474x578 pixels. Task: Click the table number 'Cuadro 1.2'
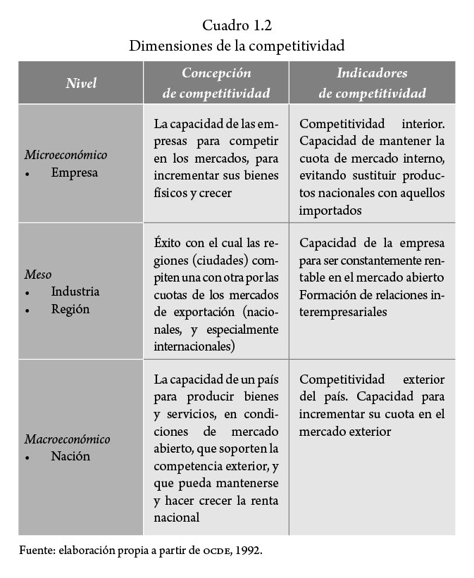tap(237, 26)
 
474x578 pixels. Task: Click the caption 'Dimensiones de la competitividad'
tap(237, 46)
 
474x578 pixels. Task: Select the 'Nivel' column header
tap(81, 83)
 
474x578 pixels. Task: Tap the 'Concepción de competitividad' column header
tap(216, 83)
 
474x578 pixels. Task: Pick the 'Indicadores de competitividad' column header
tap(372, 83)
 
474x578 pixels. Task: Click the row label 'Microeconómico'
tap(66, 155)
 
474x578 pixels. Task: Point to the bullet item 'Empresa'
tap(74, 172)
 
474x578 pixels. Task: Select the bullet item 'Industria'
tap(75, 291)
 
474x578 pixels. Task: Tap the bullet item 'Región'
tap(70, 309)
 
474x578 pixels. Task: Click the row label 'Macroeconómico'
tap(68, 439)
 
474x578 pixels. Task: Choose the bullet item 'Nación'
tap(70, 456)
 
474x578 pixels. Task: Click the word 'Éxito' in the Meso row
tap(168, 243)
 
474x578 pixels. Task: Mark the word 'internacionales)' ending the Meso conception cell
tap(194, 347)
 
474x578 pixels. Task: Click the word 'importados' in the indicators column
tap(330, 210)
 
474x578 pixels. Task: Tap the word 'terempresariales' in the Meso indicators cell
tap(343, 312)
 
